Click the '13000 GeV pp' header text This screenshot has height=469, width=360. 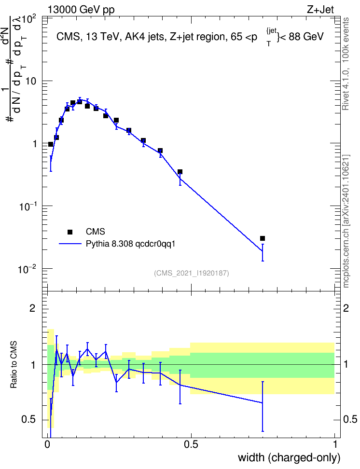pyautogui.click(x=81, y=10)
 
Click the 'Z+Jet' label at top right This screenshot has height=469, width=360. pyautogui.click(x=320, y=10)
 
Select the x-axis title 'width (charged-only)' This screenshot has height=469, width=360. pyautogui.click(x=289, y=457)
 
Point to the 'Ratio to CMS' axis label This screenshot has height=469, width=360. pyautogui.click(x=14, y=365)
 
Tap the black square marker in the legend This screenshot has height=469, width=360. pyautogui.click(x=70, y=232)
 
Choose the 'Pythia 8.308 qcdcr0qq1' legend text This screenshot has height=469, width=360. pyautogui.click(x=130, y=244)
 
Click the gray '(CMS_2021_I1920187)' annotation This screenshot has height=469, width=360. pyautogui.click(x=192, y=273)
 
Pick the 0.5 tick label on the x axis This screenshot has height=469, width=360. pyautogui.click(x=191, y=444)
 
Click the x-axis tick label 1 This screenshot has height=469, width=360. pyautogui.click(x=335, y=444)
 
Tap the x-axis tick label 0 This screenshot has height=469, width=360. pyautogui.click(x=47, y=444)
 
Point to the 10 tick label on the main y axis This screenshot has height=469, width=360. pyautogui.click(x=31, y=81)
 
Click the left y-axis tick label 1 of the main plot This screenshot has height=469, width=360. pyautogui.click(x=34, y=144)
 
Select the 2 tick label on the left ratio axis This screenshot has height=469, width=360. pyautogui.click(x=33, y=308)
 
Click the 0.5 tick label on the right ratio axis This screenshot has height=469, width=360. pyautogui.click(x=350, y=419)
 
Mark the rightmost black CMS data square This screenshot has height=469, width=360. pyautogui.click(x=263, y=238)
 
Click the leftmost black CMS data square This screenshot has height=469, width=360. pyautogui.click(x=51, y=144)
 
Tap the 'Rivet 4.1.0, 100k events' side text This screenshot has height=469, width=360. pyautogui.click(x=346, y=64)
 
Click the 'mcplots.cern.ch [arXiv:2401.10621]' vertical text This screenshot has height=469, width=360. pyautogui.click(x=346, y=221)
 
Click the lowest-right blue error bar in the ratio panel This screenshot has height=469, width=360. pyautogui.click(x=263, y=406)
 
